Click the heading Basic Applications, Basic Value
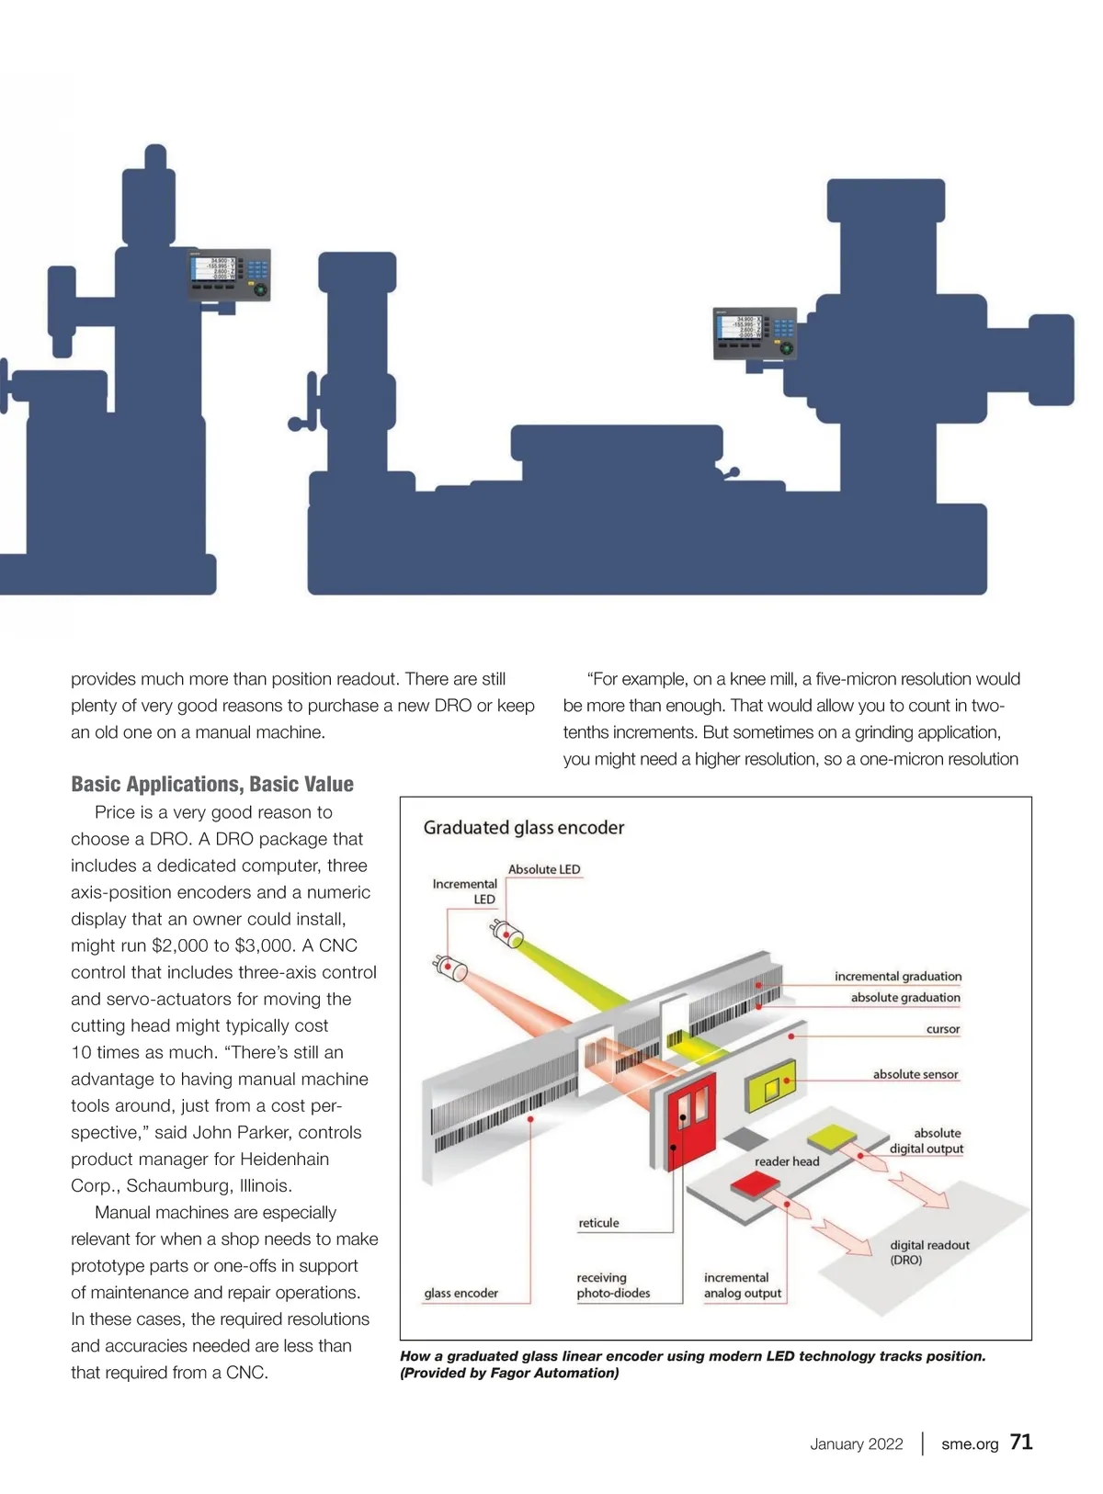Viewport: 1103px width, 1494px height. tap(212, 784)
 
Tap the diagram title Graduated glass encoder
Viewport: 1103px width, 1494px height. tap(523, 827)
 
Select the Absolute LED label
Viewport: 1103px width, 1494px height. tap(544, 869)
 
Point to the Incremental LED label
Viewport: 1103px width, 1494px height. tap(465, 891)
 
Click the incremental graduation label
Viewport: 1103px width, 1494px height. tap(898, 976)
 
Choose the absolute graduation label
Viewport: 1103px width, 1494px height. tap(905, 997)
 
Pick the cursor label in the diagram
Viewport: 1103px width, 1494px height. tap(943, 1029)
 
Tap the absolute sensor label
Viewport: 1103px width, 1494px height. tap(915, 1074)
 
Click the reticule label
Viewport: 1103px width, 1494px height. tap(598, 1223)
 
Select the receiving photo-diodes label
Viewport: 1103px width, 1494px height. tap(613, 1285)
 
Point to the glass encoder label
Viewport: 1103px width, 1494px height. tap(461, 1293)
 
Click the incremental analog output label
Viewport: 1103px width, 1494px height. tap(742, 1285)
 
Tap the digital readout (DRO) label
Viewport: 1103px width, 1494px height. tap(928, 1252)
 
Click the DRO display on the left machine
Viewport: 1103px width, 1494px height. tap(229, 275)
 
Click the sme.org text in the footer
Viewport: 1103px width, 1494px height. tap(970, 1443)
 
